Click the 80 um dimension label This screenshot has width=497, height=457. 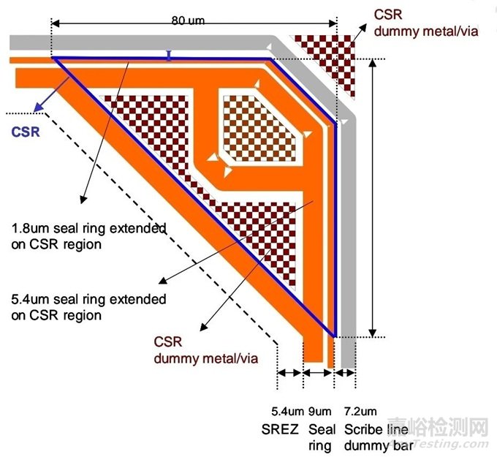(x=188, y=20)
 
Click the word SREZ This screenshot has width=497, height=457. (x=279, y=429)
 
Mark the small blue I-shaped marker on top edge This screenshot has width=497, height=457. (x=169, y=55)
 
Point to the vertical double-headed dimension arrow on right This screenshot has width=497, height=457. (x=373, y=197)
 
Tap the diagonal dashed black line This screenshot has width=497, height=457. (x=146, y=227)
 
